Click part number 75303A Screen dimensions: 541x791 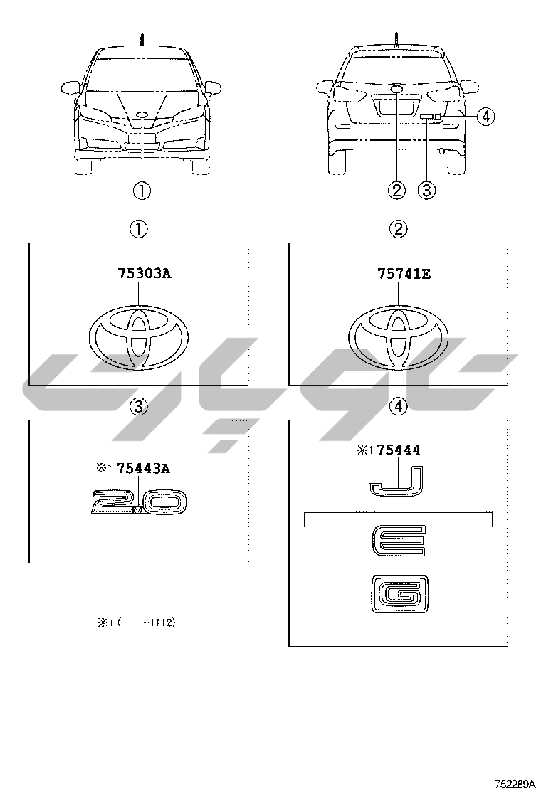(145, 273)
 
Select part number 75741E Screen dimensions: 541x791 (404, 274)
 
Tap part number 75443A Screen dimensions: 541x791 (143, 469)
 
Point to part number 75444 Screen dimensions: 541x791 (398, 450)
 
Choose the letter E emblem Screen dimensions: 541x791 (399, 541)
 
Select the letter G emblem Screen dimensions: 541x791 (399, 595)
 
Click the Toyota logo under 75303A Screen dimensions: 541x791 (139, 336)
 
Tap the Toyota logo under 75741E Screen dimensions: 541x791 (398, 336)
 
